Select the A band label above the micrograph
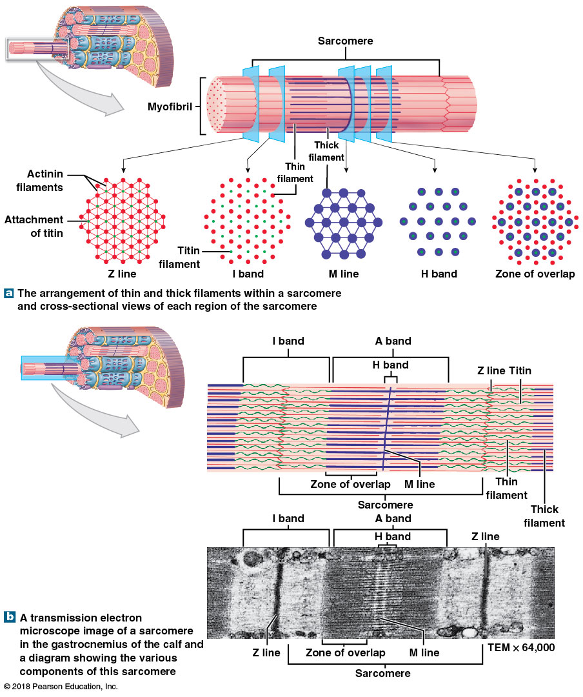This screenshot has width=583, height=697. pyautogui.click(x=393, y=519)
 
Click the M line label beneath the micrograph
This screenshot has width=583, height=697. pyautogui.click(x=424, y=652)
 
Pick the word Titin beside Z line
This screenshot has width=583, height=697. pyautogui.click(x=520, y=371)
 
